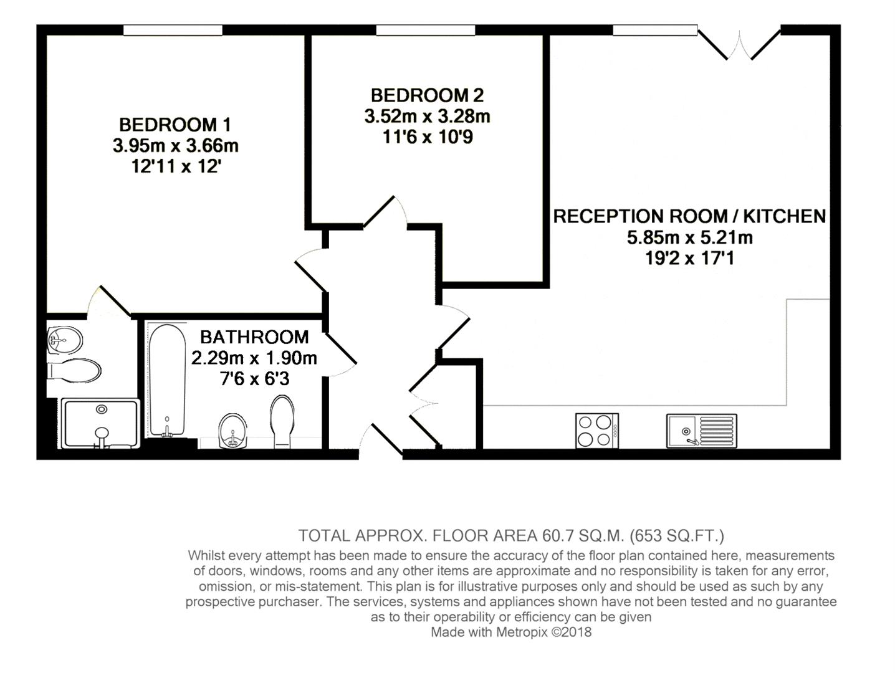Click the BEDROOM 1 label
(x=175, y=124)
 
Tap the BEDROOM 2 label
(x=427, y=95)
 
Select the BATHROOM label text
(x=254, y=337)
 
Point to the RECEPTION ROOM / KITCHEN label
(x=689, y=216)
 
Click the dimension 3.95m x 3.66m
(x=175, y=146)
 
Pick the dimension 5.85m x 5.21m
(x=689, y=237)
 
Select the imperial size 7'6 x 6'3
(x=254, y=379)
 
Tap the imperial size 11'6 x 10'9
(x=427, y=137)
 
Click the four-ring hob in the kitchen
(x=596, y=431)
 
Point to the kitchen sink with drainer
(x=701, y=431)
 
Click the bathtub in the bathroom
(x=166, y=380)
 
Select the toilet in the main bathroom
(x=282, y=421)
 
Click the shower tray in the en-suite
(x=100, y=423)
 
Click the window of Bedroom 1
(x=173, y=30)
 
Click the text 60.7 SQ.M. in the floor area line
(x=582, y=536)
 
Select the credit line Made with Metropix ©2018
(x=511, y=632)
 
